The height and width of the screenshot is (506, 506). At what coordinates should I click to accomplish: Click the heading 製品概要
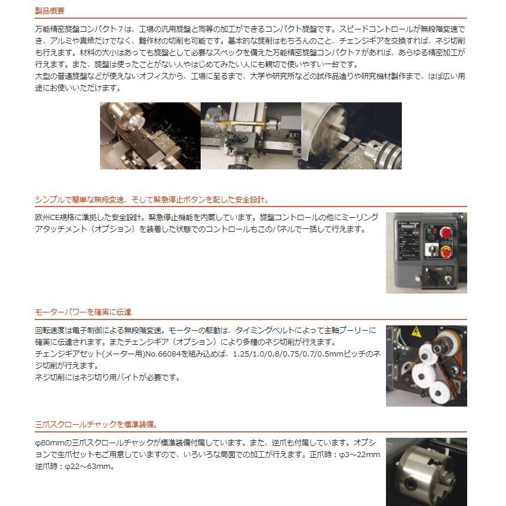pyautogui.click(x=50, y=11)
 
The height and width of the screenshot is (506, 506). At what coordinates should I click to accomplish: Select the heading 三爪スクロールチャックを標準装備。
pyautogui.click(x=96, y=424)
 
